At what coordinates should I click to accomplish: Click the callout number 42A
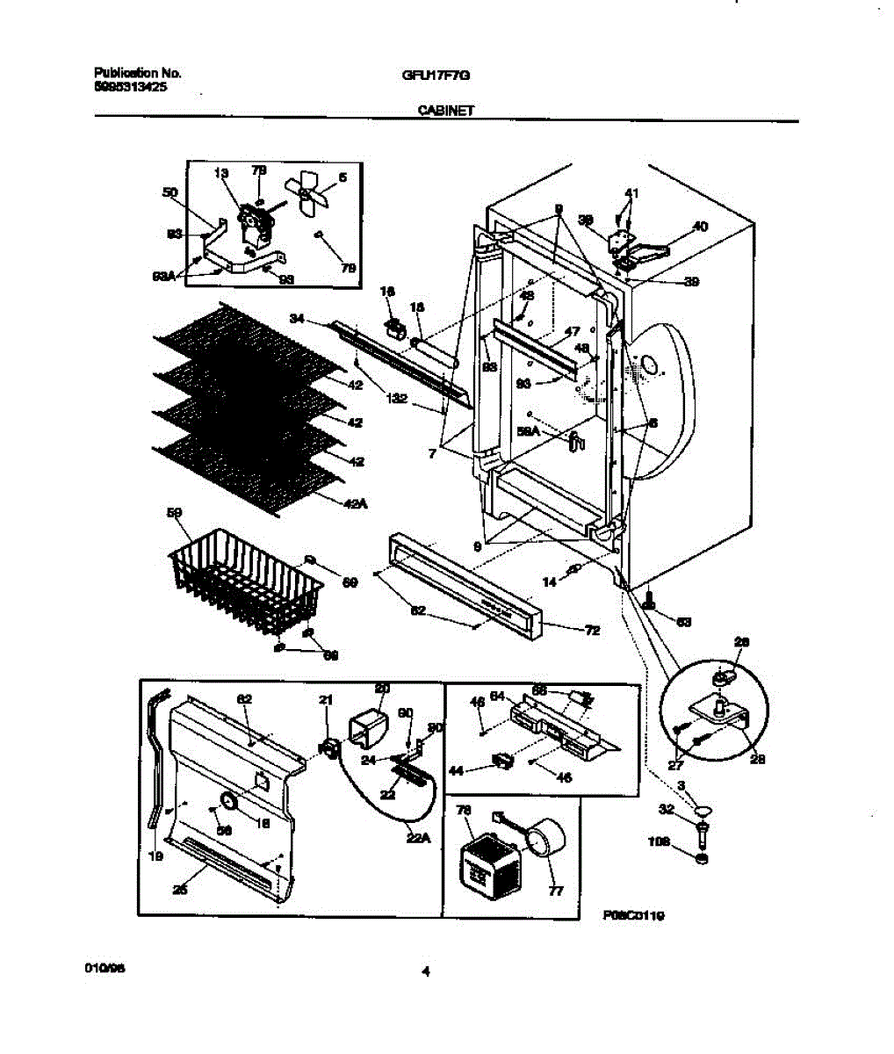(x=354, y=504)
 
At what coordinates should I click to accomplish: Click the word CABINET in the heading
(x=445, y=111)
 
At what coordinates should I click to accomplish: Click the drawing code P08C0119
(x=633, y=915)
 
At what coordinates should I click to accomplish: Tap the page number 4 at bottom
(x=426, y=971)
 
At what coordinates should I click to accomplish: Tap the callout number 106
(x=660, y=841)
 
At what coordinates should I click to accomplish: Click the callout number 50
(x=169, y=192)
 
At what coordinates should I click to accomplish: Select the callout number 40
(x=699, y=227)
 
